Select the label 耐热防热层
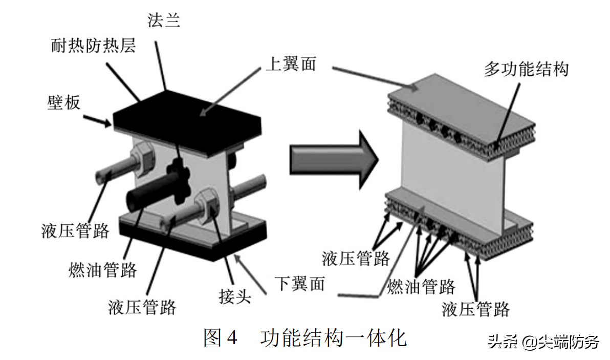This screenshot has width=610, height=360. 94,47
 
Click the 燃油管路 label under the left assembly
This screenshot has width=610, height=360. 103,269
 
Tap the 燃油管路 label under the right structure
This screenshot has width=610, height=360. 421,286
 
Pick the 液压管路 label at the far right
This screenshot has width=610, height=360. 476,309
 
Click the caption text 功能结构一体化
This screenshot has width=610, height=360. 334,338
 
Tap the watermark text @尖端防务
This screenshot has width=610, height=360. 561,342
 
